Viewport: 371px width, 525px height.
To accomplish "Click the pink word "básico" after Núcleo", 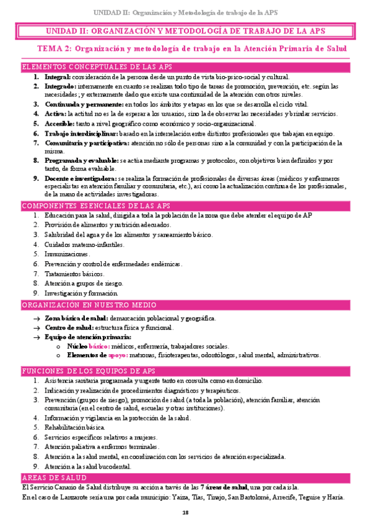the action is (x=99, y=347).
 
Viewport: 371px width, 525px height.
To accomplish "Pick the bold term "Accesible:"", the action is (x=62, y=124).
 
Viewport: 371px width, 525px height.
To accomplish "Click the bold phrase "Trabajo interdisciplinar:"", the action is (x=80, y=134).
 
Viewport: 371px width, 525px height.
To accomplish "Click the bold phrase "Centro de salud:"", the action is (x=69, y=327).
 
